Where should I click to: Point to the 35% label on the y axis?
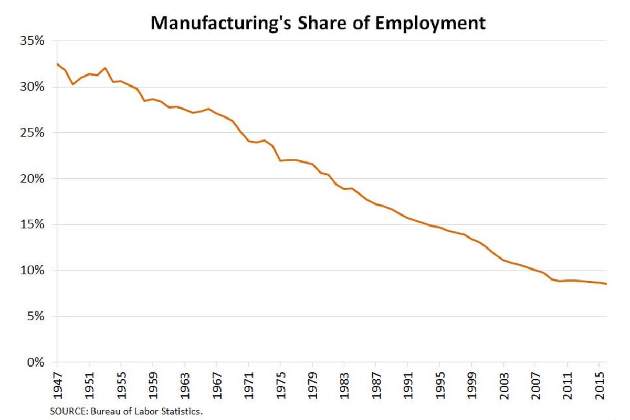click(x=33, y=41)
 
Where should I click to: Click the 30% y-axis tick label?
click(x=33, y=87)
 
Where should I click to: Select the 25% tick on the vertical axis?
click(x=33, y=133)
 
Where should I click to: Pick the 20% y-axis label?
click(x=33, y=179)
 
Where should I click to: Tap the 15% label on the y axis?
click(x=33, y=224)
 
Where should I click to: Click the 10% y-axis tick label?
click(x=33, y=271)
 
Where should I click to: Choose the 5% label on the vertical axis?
click(x=36, y=317)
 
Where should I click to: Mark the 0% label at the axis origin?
click(x=36, y=362)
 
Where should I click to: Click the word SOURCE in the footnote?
click(x=66, y=412)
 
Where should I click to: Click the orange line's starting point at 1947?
click(x=57, y=63)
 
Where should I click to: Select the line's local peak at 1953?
click(x=105, y=68)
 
